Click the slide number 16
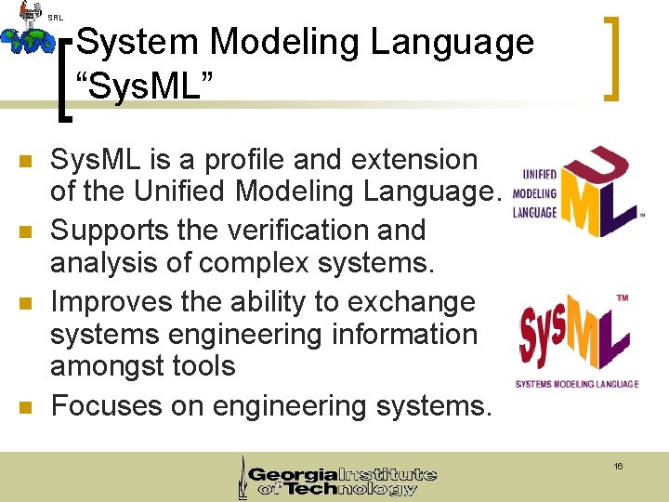coord(618,466)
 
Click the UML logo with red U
coord(577,192)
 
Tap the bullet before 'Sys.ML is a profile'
coord(26,162)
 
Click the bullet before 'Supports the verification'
coord(26,232)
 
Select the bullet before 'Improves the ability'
coord(26,304)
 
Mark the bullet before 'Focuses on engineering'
coord(26,407)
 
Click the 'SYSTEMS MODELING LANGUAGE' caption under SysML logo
coord(577,384)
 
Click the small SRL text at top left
coord(55,17)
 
